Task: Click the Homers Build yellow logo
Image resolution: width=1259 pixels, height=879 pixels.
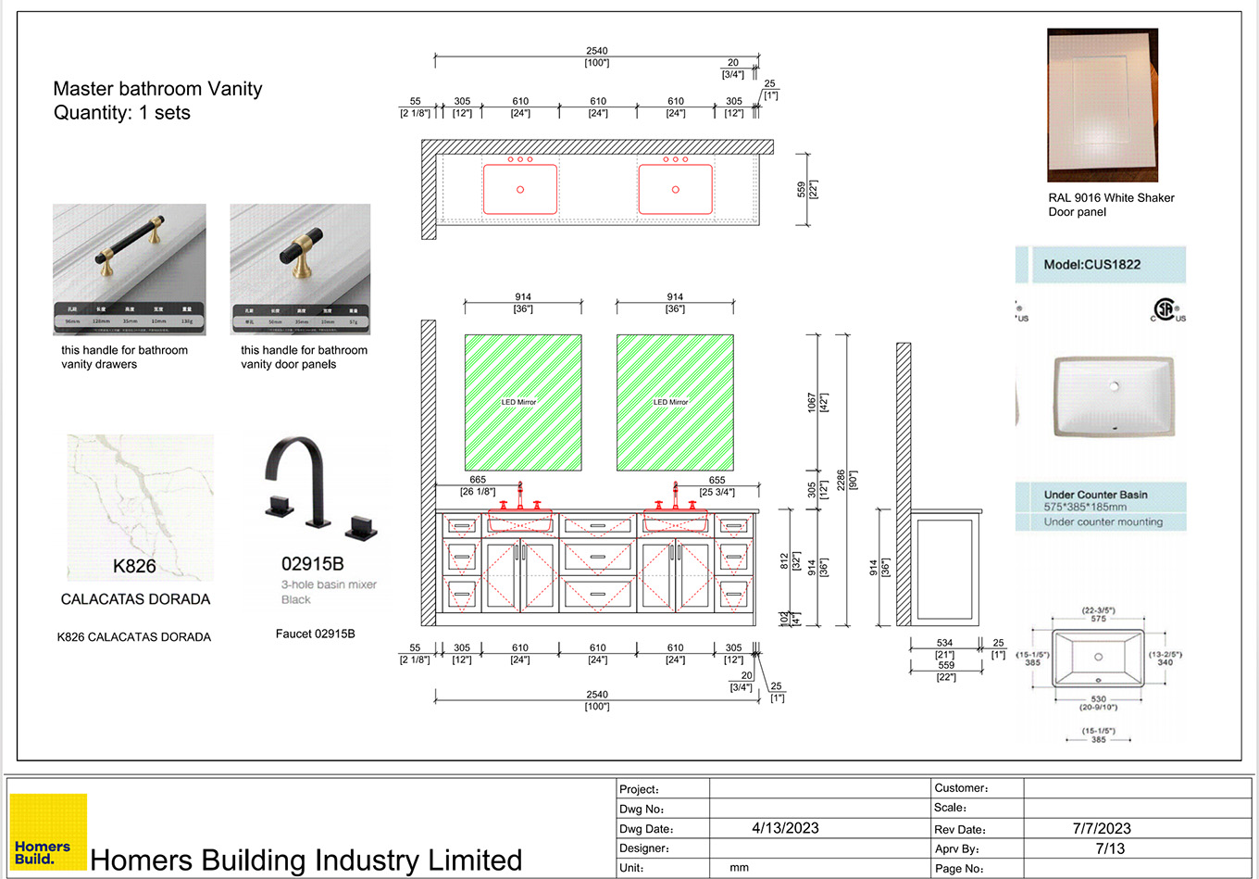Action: pos(48,831)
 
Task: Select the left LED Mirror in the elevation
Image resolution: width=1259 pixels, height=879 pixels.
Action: pos(523,402)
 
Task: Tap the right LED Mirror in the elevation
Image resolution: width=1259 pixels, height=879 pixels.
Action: pos(675,402)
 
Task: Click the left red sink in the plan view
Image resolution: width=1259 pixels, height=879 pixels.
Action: pos(519,189)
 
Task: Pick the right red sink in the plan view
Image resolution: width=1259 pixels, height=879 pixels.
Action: pos(675,189)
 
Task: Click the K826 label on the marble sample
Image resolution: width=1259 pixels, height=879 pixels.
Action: pos(134,566)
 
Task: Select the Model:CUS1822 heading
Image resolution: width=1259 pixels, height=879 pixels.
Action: pos(1091,264)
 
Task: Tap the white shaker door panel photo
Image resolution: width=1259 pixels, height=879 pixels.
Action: pos(1102,105)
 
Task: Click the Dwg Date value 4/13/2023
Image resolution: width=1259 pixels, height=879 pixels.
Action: pos(785,828)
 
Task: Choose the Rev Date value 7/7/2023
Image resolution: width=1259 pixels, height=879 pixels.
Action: pos(1102,828)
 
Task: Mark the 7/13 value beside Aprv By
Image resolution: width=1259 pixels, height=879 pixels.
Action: pos(1110,848)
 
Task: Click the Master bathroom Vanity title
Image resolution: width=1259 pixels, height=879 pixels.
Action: pos(157,89)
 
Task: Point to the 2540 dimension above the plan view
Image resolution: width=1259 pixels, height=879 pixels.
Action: pos(597,51)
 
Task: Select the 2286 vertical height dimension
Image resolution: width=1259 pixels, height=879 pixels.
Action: pos(841,480)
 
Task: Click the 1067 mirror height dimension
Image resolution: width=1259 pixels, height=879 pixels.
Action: pos(812,402)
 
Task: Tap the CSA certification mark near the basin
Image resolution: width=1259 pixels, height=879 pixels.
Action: pos(1167,310)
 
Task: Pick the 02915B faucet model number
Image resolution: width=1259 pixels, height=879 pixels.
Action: pos(312,563)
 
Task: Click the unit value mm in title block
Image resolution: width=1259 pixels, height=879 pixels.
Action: pos(739,868)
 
